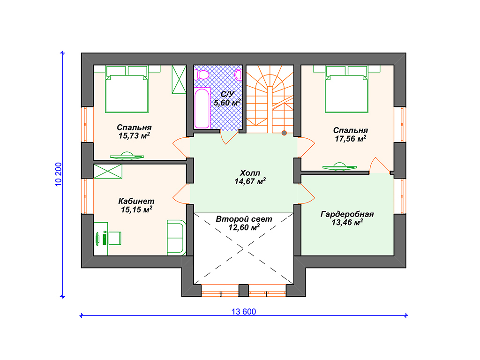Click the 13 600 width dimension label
tap(244, 312)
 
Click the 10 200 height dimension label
tap(58, 174)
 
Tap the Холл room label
tap(250, 172)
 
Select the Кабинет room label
tap(136, 201)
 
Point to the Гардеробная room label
tap(347, 214)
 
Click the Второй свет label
tap(244, 219)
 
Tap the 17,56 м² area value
tap(350, 139)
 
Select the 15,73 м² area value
tap(134, 135)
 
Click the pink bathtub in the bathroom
tap(202, 108)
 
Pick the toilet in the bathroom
tap(202, 75)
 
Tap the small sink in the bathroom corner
tap(239, 75)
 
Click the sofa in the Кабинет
tap(176, 238)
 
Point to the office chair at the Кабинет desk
tap(115, 238)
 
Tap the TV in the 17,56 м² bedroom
tap(339, 167)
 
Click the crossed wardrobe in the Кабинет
tap(108, 172)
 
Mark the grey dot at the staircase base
tap(284, 133)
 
